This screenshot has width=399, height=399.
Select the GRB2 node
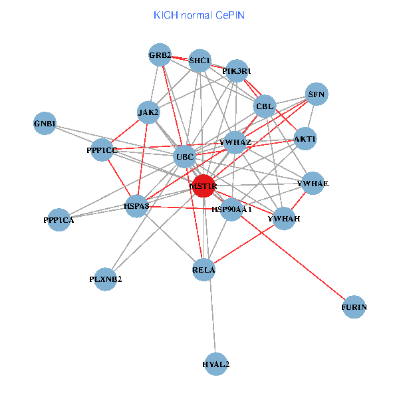(160, 55)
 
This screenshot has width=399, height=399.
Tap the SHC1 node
(199, 61)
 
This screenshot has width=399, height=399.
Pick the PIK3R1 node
(237, 70)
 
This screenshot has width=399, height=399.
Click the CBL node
(265, 106)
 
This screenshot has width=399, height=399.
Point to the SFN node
(316, 94)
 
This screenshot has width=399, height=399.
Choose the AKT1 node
(305, 139)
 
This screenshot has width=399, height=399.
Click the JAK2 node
(148, 112)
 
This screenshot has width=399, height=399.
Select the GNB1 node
(45, 123)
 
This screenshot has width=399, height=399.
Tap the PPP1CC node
(102, 150)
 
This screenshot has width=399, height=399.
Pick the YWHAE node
(313, 183)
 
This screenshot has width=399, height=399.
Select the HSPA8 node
(137, 206)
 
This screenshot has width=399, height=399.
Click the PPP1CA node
(59, 219)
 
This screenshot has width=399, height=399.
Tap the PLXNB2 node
(106, 279)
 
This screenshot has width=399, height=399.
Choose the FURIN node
(354, 307)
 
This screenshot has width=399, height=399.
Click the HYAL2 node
(216, 364)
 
